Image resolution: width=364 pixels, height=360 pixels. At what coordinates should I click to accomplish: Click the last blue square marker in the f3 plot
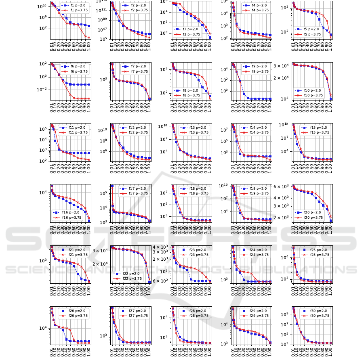(x=210, y=38)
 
